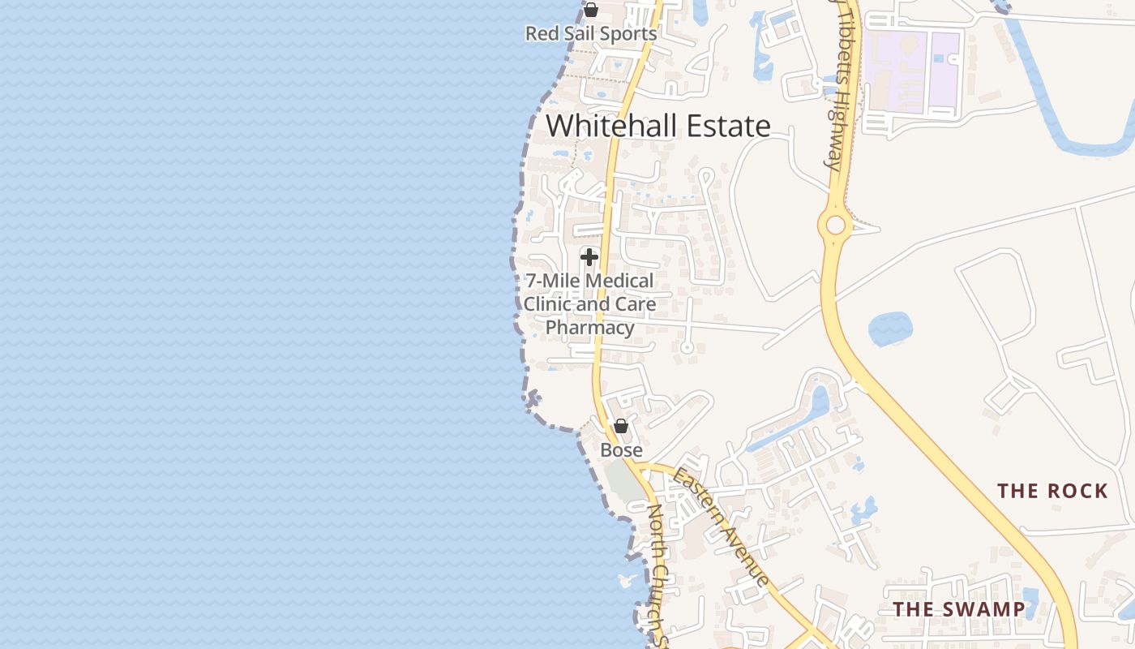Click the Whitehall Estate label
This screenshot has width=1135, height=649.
tap(657, 127)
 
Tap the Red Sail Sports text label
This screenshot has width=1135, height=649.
tap(590, 34)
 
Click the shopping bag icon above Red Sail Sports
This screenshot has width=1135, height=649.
tap(591, 11)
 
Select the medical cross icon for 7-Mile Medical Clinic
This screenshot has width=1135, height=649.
tap(589, 257)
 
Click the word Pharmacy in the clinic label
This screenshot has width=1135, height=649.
tap(589, 328)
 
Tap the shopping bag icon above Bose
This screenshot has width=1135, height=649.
tap(621, 426)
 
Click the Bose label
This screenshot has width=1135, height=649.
tap(621, 450)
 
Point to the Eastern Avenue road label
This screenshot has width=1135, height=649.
tap(722, 527)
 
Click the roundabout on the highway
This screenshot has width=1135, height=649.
tap(833, 225)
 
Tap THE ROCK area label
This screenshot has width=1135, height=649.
tap(1052, 491)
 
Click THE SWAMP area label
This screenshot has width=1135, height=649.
tap(958, 609)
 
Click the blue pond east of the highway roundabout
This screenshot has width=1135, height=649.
tap(890, 329)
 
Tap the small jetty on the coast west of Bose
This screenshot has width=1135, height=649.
tap(533, 398)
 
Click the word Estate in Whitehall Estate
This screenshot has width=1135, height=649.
tap(728, 127)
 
